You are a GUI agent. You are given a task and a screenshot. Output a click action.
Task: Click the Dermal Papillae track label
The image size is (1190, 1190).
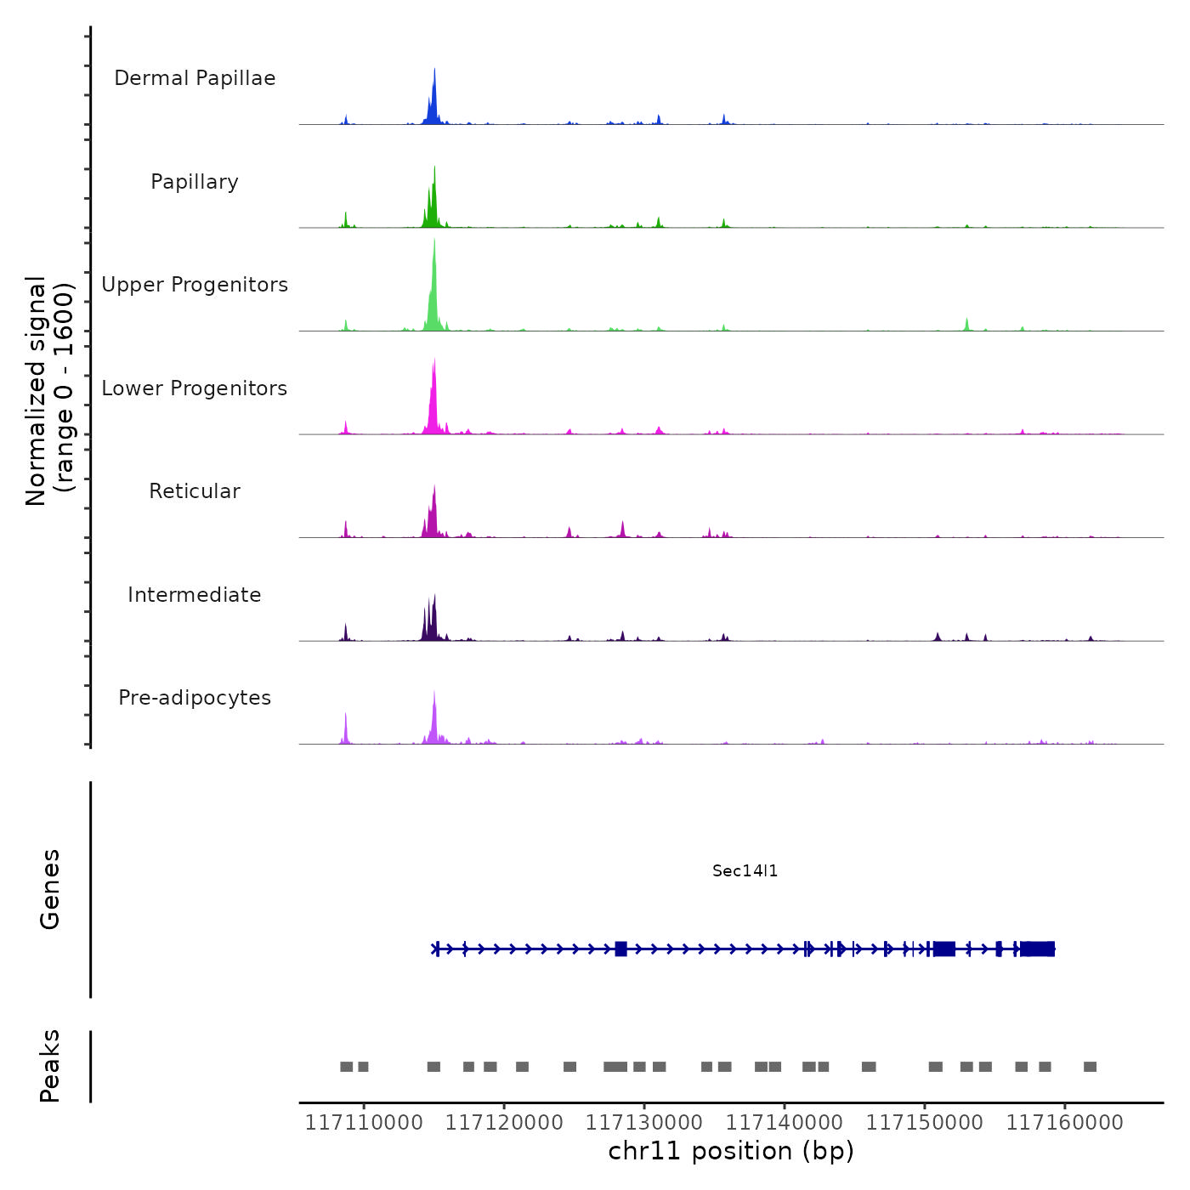tap(195, 78)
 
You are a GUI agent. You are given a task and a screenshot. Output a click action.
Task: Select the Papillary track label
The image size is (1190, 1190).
tap(195, 182)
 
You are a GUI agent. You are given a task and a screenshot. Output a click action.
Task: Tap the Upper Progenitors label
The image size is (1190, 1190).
tap(195, 285)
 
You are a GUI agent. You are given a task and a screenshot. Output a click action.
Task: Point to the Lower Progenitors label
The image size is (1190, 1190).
tap(195, 388)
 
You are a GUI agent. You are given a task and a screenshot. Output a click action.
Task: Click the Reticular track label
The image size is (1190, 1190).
tap(195, 491)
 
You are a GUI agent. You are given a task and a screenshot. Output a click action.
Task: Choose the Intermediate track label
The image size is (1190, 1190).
tap(195, 595)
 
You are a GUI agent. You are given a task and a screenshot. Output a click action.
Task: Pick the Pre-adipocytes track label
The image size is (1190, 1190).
tap(195, 698)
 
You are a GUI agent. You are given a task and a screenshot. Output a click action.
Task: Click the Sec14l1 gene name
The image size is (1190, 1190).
tap(745, 870)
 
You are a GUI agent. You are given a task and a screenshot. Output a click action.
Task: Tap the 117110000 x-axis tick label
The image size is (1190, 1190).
tap(364, 1123)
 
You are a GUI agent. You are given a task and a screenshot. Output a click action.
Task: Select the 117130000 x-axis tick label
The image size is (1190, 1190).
tap(644, 1123)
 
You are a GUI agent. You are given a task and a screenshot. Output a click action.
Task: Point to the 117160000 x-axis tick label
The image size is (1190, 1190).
tap(1064, 1123)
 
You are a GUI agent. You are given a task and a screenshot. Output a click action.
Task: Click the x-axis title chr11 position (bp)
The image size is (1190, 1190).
tap(731, 1151)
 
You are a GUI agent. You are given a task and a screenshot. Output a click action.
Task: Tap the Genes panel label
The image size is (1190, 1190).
tap(50, 889)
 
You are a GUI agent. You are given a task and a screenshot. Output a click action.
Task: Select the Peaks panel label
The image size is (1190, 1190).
tap(50, 1066)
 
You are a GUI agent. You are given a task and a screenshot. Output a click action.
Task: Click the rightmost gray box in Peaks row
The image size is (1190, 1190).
tap(1090, 1067)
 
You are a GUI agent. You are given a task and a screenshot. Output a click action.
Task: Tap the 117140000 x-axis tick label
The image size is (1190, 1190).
tap(785, 1123)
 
